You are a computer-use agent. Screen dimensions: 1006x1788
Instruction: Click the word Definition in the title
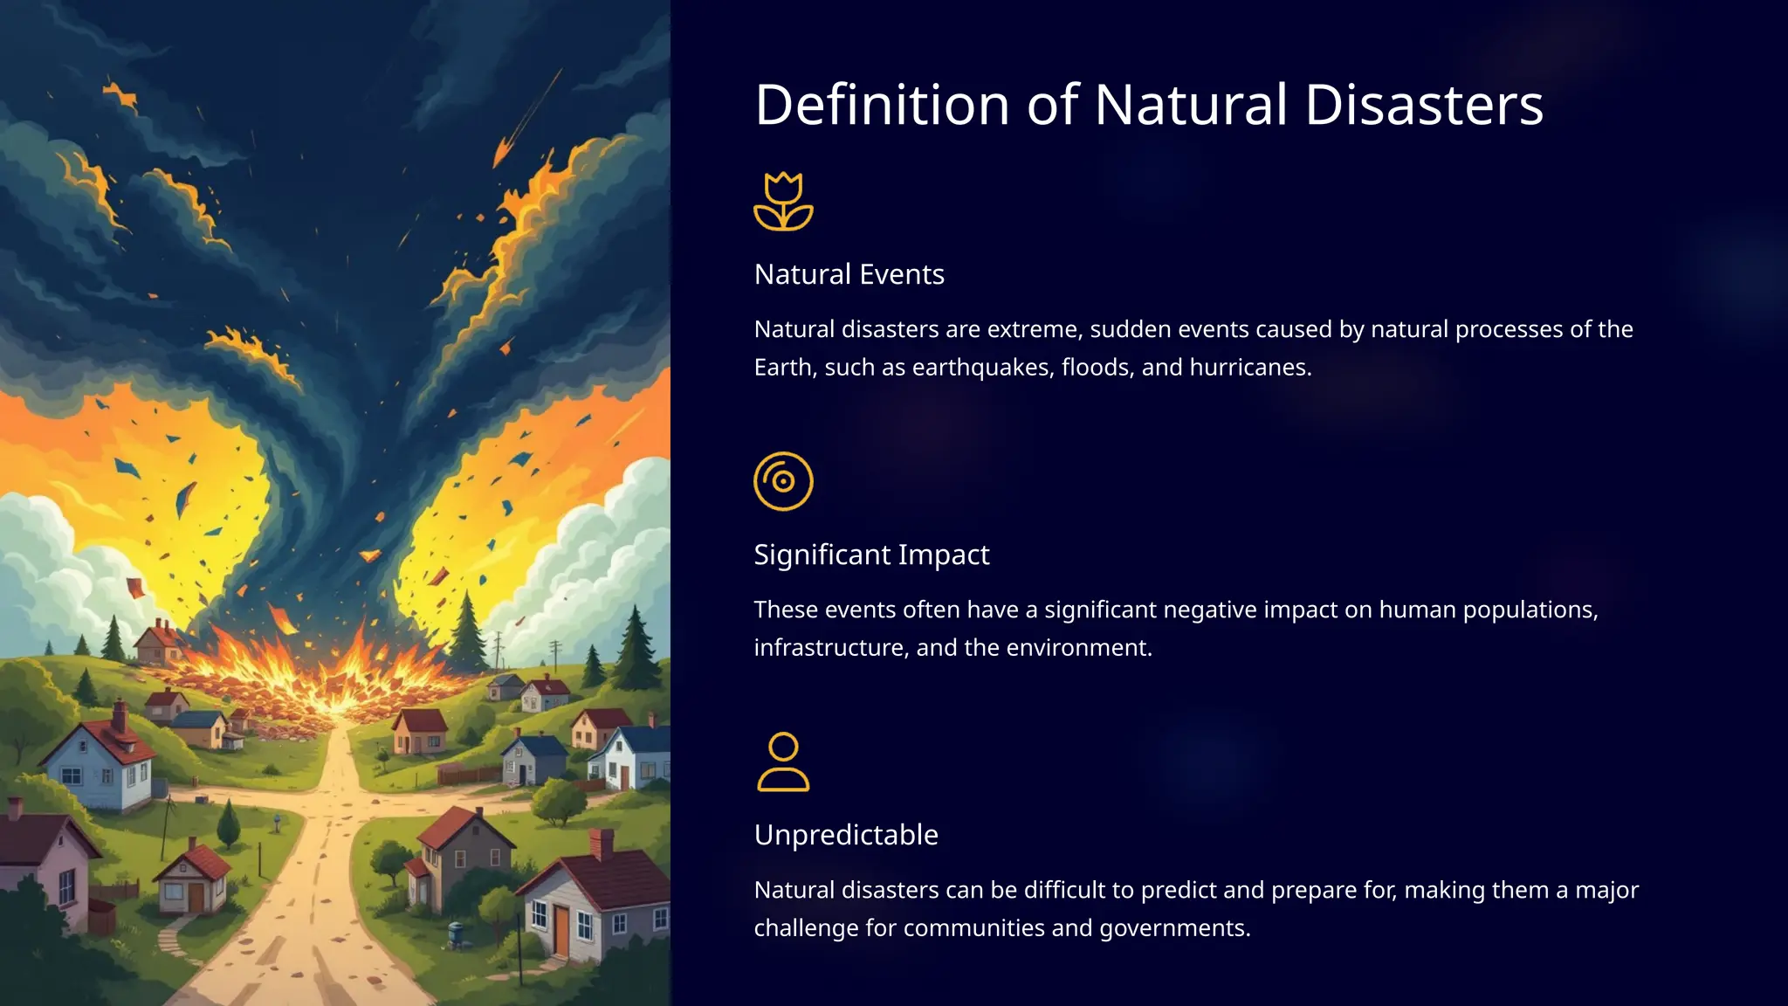(882, 105)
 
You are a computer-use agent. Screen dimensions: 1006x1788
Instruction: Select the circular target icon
(783, 481)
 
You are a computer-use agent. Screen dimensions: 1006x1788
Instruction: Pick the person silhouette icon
(783, 761)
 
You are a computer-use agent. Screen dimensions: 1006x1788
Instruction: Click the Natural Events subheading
(849, 274)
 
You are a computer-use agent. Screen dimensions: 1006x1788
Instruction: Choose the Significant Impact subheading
(871, 555)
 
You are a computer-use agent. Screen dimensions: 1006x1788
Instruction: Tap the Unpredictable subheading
(846, 835)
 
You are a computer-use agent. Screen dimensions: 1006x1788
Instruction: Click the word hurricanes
(1248, 368)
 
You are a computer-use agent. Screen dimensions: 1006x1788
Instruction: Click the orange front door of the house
(560, 931)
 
